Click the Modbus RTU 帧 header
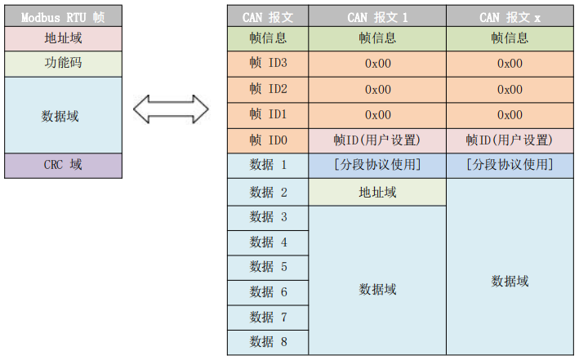point(62,16)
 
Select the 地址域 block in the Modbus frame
point(62,38)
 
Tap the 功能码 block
point(62,64)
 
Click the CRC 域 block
point(62,165)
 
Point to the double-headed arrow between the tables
point(171,108)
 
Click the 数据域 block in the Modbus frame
point(62,115)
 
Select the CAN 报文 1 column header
point(377,16)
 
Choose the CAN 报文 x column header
point(510,16)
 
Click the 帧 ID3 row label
point(268,64)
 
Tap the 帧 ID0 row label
point(268,140)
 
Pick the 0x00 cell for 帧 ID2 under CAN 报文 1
point(377,89)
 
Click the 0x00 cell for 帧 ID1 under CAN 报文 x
point(510,115)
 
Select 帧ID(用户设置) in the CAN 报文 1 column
point(377,140)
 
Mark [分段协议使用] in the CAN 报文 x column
point(510,165)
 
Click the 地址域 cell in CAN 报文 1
point(377,192)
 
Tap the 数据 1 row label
point(268,165)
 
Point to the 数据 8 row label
point(268,342)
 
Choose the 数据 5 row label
point(268,267)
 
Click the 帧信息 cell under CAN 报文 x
point(510,38)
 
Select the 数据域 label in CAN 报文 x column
point(510,281)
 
